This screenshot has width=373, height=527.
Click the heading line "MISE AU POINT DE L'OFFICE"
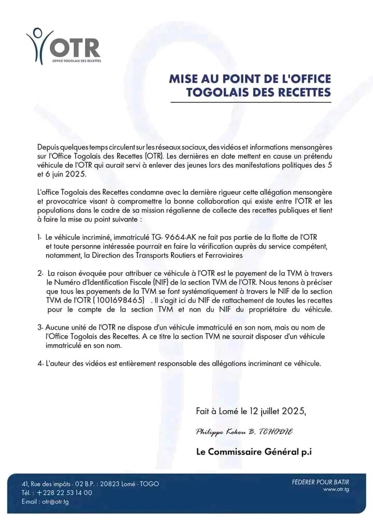[250, 79]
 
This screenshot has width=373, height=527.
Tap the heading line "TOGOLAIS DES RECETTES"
[258, 92]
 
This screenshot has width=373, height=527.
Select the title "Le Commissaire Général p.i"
[254, 451]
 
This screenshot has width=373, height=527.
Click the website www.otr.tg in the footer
[336, 489]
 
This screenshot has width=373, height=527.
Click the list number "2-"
[40, 272]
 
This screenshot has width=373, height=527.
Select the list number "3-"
[40, 328]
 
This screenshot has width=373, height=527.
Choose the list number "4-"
[40, 363]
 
